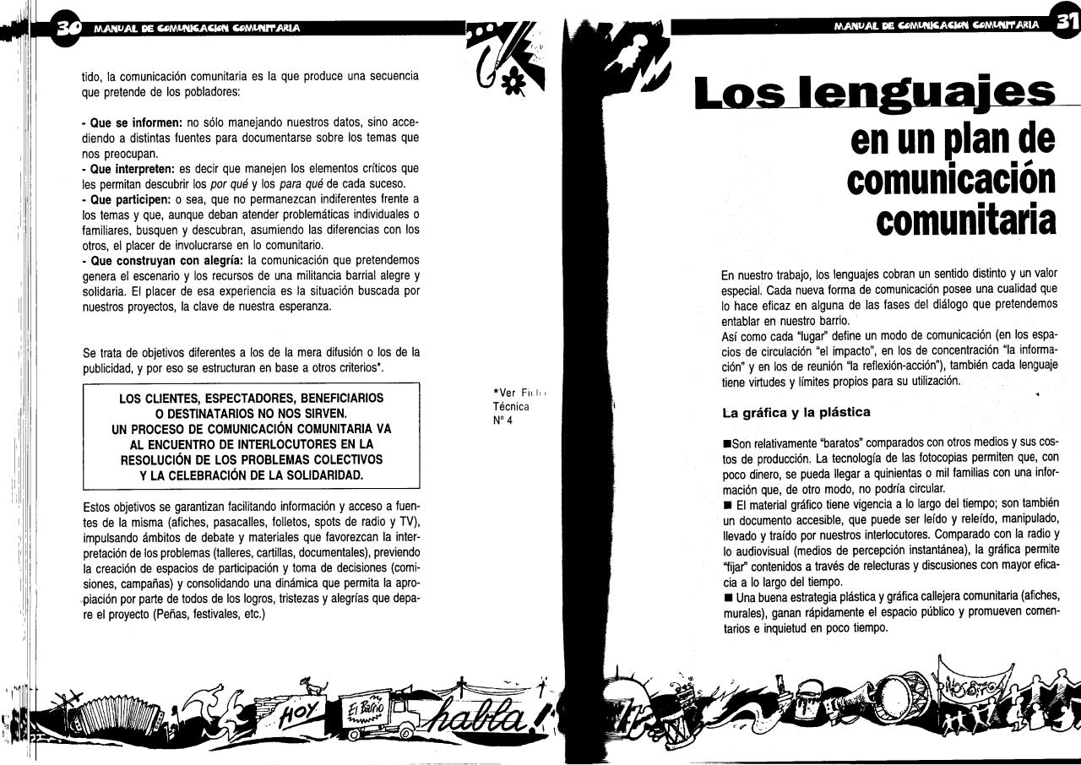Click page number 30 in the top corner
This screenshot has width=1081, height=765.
66,28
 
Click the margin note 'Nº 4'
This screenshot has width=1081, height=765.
502,420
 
